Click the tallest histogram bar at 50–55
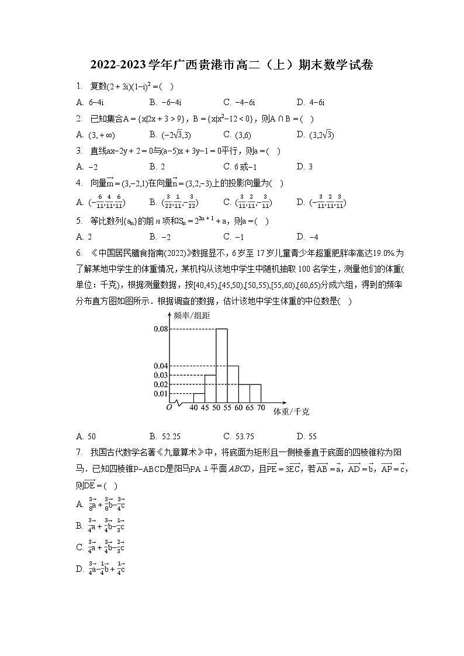point(221,365)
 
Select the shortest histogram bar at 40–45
point(199,398)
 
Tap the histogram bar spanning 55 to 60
point(233,384)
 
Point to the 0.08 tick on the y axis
point(160,329)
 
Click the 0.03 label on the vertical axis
point(160,375)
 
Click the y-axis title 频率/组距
point(192,315)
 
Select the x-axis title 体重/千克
point(291,412)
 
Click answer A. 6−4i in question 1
point(89,102)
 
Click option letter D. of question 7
point(81,569)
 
